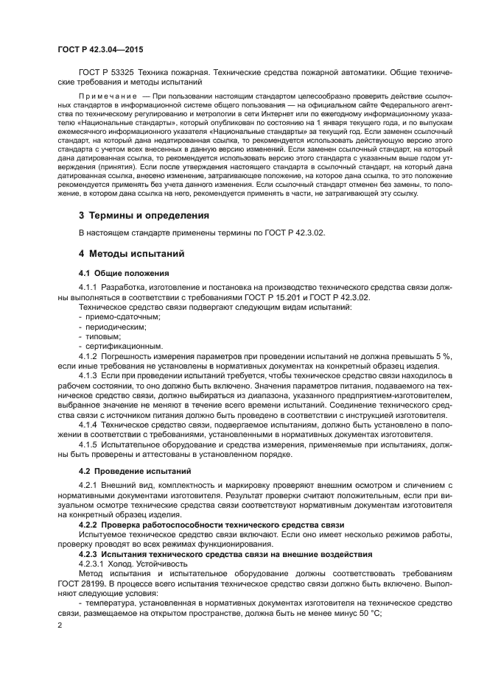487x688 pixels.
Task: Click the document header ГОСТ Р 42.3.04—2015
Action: (x=100, y=49)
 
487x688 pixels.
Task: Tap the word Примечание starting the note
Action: (x=108, y=96)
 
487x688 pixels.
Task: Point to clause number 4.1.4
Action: (x=88, y=425)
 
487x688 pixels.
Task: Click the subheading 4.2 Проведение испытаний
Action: (x=125, y=470)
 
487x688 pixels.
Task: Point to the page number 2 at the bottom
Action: (x=60, y=625)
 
